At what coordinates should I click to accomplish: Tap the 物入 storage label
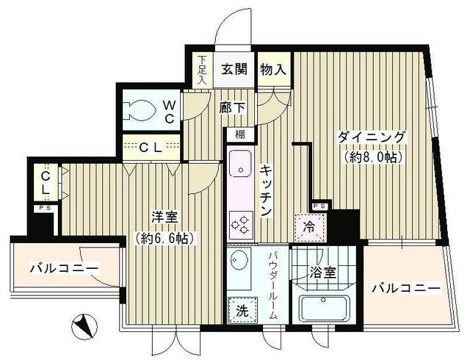tap(272, 71)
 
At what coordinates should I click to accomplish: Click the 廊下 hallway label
tap(232, 108)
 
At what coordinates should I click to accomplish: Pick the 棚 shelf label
tap(240, 134)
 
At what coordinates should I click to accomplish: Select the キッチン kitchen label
tap(266, 190)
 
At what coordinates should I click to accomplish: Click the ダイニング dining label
tap(372, 137)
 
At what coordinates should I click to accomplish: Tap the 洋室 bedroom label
tap(164, 219)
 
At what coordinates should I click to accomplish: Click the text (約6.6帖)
tap(164, 238)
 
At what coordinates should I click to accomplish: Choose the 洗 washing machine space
tap(241, 310)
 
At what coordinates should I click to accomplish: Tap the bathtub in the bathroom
tap(322, 309)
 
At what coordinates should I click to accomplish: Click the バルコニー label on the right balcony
tap(405, 288)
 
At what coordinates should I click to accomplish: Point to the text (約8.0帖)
tap(372, 156)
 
